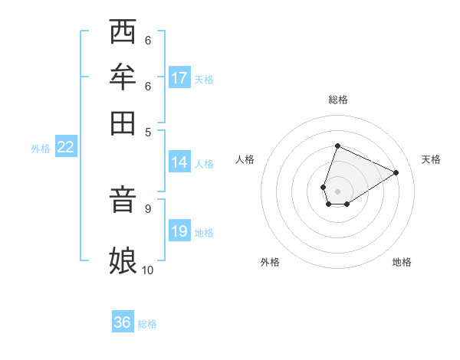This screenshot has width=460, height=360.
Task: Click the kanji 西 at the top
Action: [123, 33]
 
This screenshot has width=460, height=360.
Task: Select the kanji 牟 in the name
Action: [123, 77]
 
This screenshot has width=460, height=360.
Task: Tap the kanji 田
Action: [123, 122]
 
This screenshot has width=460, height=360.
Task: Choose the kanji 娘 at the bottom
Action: [123, 260]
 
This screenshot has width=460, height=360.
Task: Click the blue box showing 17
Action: [179, 77]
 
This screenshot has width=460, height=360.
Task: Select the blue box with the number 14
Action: [179, 162]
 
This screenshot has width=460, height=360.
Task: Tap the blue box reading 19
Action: [179, 231]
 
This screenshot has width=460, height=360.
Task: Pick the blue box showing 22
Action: [66, 147]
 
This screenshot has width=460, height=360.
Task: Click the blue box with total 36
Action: [123, 322]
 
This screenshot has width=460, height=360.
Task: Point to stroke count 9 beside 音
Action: [148, 208]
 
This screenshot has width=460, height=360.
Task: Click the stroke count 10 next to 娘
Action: [148, 270]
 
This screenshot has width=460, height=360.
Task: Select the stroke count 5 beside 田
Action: [148, 131]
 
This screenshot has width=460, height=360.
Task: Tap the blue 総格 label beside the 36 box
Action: [147, 324]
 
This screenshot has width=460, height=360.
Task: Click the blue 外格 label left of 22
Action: [41, 149]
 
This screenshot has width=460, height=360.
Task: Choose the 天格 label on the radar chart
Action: [431, 159]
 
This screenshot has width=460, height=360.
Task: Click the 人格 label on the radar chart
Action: [245, 159]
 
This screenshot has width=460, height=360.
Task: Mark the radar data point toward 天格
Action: [396, 172]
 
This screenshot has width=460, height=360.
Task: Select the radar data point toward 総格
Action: [337, 146]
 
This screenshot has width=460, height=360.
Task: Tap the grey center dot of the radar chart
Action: [337, 191]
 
